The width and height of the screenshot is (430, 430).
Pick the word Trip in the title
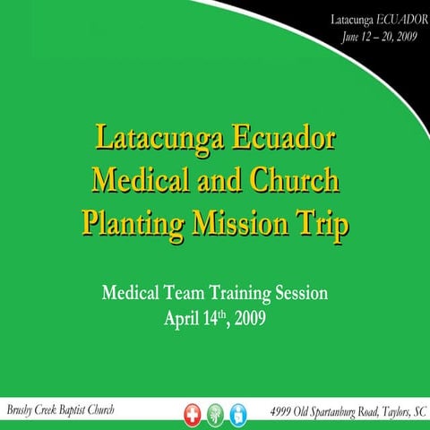pyautogui.click(x=322, y=221)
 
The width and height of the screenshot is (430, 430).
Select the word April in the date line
pyautogui.click(x=184, y=317)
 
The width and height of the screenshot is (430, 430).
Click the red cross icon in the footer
pyautogui.click(x=189, y=413)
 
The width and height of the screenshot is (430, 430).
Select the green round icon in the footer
pyautogui.click(x=215, y=413)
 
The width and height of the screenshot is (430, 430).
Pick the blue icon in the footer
pyautogui.click(x=239, y=413)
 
